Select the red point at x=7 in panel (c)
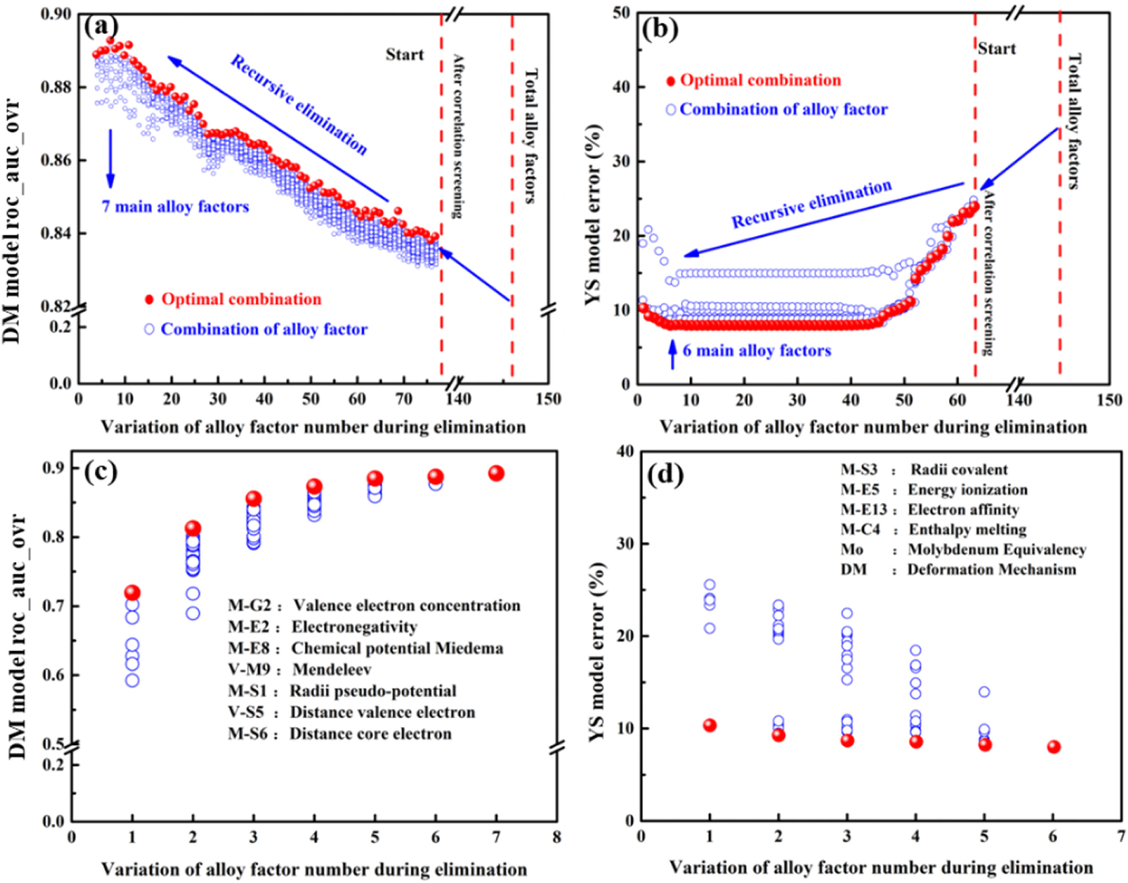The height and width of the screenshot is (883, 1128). point(496,473)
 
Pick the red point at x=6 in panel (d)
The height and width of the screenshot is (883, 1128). point(1054,747)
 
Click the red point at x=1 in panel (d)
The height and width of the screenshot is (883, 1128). point(710,725)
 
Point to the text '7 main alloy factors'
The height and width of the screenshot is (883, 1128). point(175,207)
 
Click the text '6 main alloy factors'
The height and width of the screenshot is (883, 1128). point(757,351)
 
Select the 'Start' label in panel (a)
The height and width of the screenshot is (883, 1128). point(405,54)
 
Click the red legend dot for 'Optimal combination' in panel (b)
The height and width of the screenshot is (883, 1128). point(671,81)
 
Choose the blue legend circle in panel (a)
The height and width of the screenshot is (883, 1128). point(150,329)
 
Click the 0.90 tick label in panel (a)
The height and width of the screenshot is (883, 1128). point(56,14)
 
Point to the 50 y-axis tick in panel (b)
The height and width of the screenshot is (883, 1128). point(621,14)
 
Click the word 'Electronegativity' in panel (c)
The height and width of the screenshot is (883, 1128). point(354,627)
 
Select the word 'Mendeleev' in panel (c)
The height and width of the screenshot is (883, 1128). point(332,670)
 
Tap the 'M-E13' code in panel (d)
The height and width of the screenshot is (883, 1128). point(863,510)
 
